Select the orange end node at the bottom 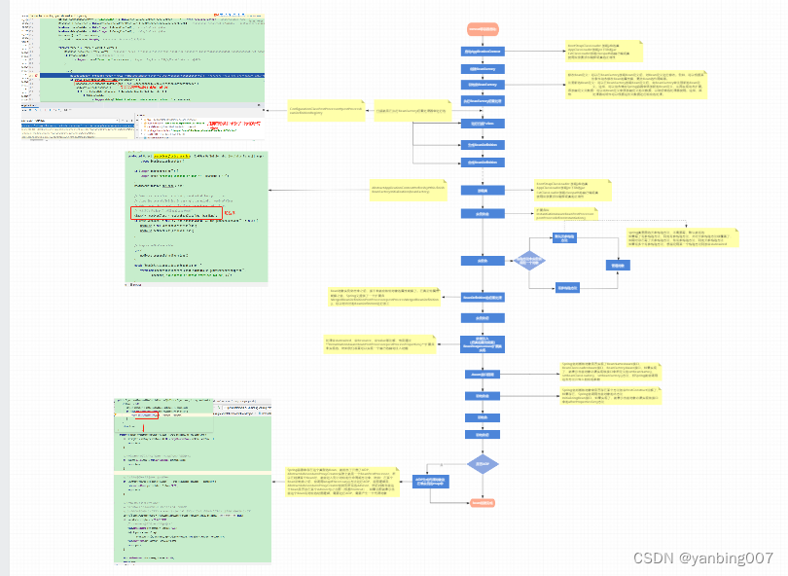tap(483, 502)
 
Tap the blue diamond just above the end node tap(483, 464)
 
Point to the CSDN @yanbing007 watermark tap(702, 558)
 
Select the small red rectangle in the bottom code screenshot tap(159, 415)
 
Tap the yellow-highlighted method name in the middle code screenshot tap(173, 156)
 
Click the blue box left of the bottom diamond tap(431, 482)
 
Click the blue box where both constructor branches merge tap(617, 265)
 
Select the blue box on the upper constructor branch tap(564, 237)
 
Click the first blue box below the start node tap(483, 51)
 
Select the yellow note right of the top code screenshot tap(324, 113)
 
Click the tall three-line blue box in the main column tap(483, 343)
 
